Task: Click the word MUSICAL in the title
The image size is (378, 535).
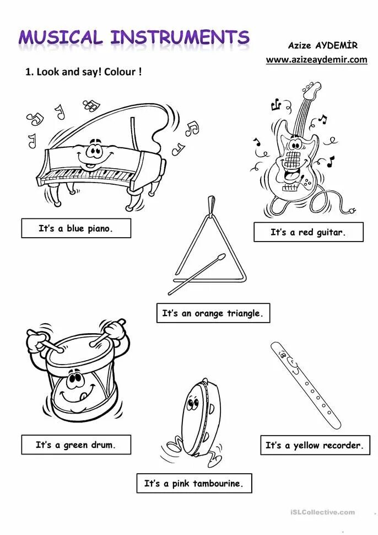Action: (x=61, y=37)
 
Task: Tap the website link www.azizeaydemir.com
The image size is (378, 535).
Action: (x=316, y=60)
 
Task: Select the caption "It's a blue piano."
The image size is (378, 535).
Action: (x=76, y=228)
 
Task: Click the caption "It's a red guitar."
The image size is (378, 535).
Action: (x=308, y=232)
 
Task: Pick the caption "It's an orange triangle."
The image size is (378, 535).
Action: (x=213, y=313)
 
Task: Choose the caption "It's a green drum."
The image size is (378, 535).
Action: (x=76, y=445)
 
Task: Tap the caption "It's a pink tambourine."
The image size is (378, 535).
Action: (x=193, y=483)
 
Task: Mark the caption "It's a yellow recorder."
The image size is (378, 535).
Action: (x=315, y=445)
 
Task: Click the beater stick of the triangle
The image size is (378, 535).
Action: (x=197, y=274)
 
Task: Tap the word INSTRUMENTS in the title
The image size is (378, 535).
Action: (x=180, y=37)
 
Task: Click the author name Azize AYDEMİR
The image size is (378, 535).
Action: (x=322, y=45)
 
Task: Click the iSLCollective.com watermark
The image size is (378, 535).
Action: (x=322, y=512)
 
